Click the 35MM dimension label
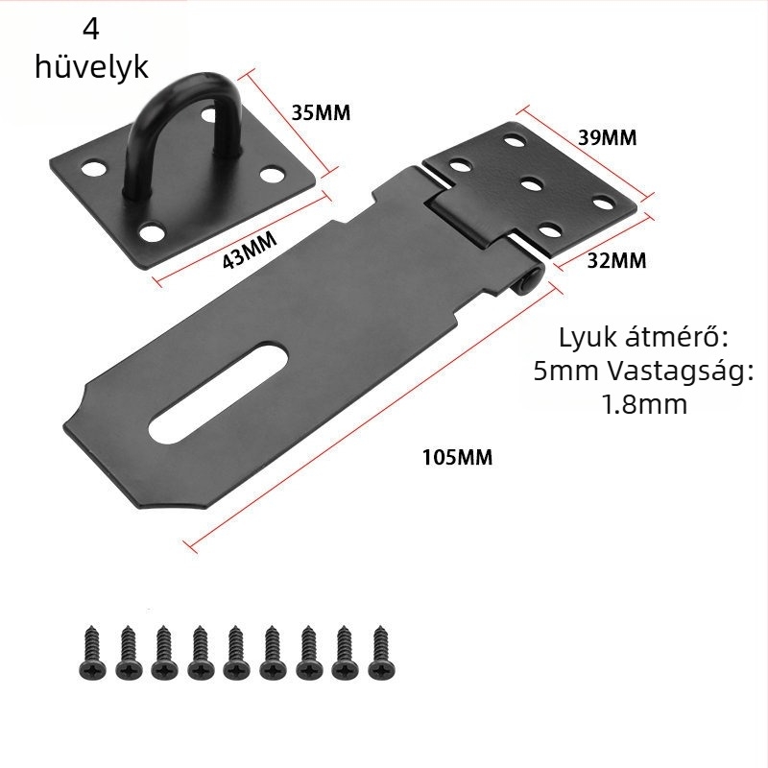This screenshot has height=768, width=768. pyautogui.click(x=321, y=112)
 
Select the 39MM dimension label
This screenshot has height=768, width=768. pyautogui.click(x=607, y=137)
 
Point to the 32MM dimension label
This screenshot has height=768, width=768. pyautogui.click(x=615, y=259)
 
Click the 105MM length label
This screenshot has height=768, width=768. pyautogui.click(x=457, y=457)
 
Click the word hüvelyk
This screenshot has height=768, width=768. pyautogui.click(x=91, y=68)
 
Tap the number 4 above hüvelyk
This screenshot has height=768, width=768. pyautogui.click(x=91, y=30)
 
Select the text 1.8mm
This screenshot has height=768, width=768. pyautogui.click(x=644, y=404)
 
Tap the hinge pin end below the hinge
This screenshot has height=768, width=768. pyautogui.click(x=529, y=279)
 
